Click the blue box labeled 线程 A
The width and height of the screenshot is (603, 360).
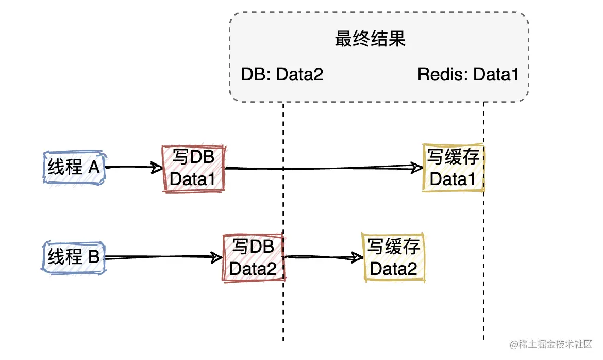[74, 168]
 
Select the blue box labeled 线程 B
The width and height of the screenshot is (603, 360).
[74, 256]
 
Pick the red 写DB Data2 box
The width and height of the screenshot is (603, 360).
[253, 257]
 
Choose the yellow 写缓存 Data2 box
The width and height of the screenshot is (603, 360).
[394, 257]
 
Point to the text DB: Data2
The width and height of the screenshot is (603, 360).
[282, 75]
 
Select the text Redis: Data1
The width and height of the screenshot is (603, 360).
[467, 75]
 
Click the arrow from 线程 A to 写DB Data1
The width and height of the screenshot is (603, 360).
[133, 167]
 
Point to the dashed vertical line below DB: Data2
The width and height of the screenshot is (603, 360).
[283, 309]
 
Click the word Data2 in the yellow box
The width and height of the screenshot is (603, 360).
[394, 268]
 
